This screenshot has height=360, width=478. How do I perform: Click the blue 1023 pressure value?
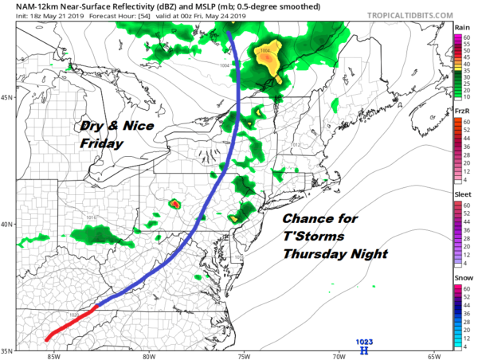364,341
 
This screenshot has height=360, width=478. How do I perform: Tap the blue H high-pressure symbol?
364,350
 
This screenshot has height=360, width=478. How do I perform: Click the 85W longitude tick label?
53,356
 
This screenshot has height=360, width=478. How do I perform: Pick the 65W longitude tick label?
433,356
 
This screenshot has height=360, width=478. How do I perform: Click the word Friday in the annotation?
102,145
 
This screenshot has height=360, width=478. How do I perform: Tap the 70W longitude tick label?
338,356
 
